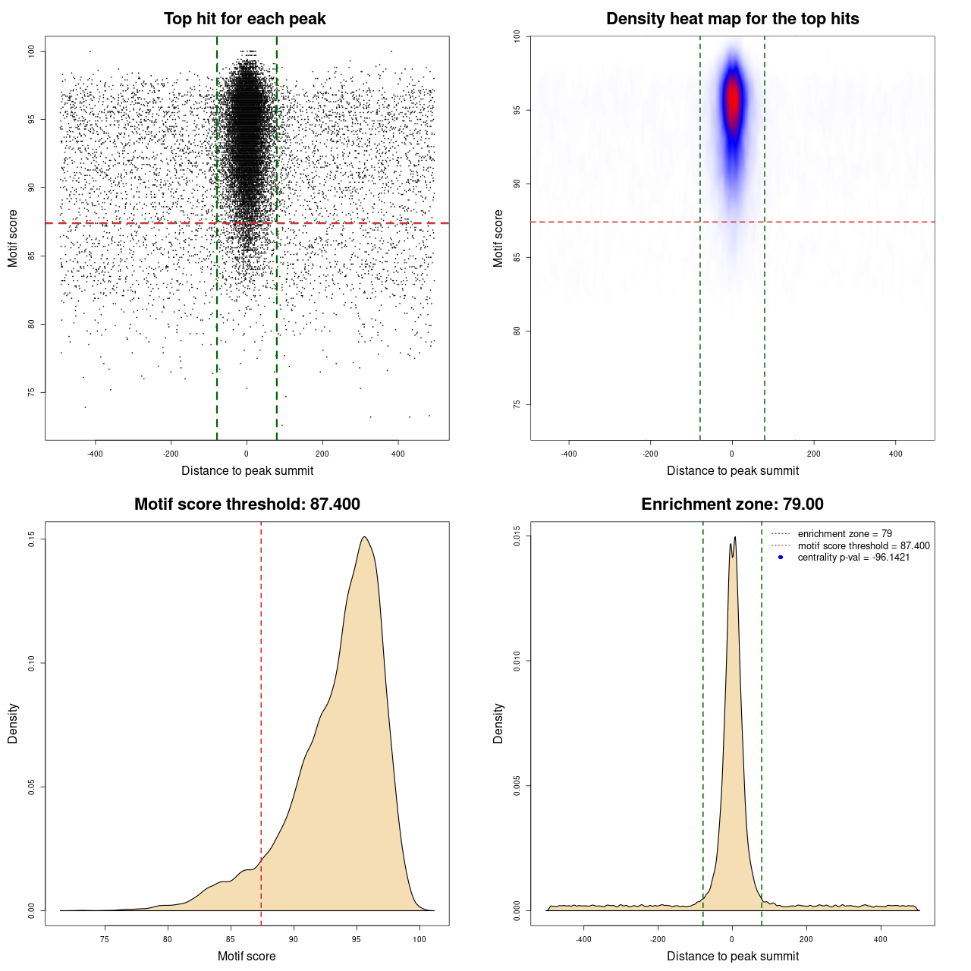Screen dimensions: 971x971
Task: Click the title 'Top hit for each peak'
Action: (x=244, y=19)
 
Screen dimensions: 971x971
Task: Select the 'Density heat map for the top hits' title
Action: (x=732, y=19)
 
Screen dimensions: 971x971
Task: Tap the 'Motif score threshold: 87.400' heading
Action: (x=247, y=504)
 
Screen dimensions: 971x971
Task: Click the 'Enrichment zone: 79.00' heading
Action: (x=732, y=504)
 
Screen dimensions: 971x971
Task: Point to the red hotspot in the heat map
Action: (x=733, y=99)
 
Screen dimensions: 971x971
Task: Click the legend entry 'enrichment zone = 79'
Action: (x=844, y=534)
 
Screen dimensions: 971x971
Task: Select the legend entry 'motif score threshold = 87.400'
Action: (x=863, y=546)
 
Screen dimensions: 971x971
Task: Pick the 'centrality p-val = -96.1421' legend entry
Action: (x=853, y=558)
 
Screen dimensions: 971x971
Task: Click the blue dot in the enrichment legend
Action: (x=781, y=558)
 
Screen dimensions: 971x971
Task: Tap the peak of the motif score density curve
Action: (x=365, y=538)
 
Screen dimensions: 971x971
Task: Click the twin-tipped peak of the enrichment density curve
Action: (x=733, y=540)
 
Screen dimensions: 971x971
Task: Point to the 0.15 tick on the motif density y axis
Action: (x=32, y=539)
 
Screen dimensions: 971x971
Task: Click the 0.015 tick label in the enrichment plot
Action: (x=517, y=536)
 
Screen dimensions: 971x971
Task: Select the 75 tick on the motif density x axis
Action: (x=105, y=939)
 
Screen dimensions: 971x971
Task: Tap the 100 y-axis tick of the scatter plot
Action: (x=32, y=51)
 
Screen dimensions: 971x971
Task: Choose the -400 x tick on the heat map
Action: (x=569, y=454)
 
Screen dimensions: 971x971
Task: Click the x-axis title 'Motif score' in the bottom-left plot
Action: (x=247, y=956)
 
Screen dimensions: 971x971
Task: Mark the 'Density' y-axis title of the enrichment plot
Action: (x=498, y=723)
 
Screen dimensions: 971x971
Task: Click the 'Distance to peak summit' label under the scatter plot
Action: (x=247, y=471)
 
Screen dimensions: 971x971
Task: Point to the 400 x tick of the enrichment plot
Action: (x=880, y=939)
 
